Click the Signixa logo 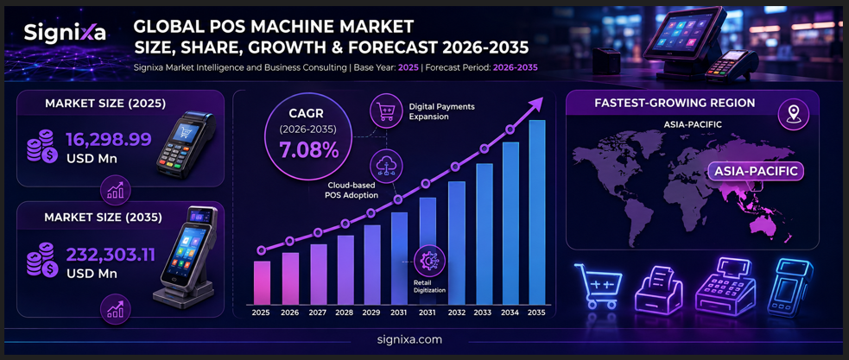click(65, 34)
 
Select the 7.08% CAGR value click(309, 150)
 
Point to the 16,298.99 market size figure click(108, 140)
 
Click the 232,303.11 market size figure click(111, 255)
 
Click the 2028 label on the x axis click(345, 313)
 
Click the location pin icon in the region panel click(793, 113)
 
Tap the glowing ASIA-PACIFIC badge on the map click(756, 172)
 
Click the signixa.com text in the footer click(409, 340)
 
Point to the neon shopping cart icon click(597, 287)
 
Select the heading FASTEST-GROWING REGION click(675, 103)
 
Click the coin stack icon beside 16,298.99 click(41, 146)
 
